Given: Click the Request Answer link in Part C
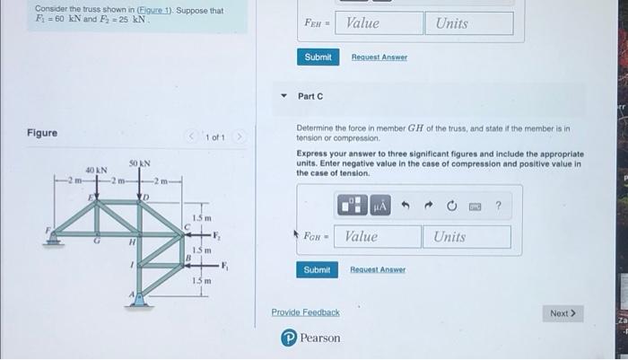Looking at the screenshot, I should coord(378,269).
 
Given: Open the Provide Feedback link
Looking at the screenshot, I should coord(305,312).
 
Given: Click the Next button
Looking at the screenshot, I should coord(563,313).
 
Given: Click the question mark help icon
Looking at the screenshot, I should coord(498,206).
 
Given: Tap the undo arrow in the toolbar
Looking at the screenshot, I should coord(405,206).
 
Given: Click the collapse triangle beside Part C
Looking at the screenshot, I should coord(284,96).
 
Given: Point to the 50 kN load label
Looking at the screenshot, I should coord(139,163).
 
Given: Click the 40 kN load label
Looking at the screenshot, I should coord(96,170).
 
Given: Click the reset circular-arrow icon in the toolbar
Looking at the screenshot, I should coord(451,206).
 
